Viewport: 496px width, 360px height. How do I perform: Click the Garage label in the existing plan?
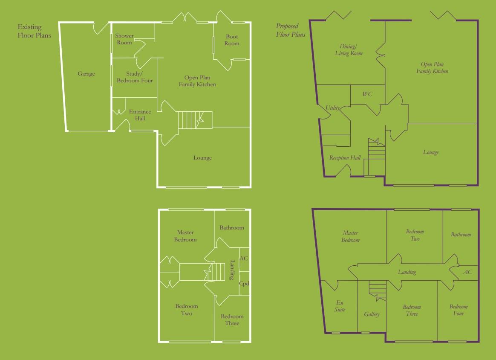(x=86, y=74)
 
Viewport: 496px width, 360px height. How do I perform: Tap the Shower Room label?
(x=124, y=39)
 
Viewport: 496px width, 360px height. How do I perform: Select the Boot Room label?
(x=232, y=40)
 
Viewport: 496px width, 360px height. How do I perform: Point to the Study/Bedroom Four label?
(x=135, y=77)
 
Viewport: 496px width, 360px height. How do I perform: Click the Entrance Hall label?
(x=140, y=115)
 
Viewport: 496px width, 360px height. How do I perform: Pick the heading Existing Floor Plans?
(x=34, y=32)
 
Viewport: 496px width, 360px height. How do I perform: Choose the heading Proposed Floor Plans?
(x=291, y=31)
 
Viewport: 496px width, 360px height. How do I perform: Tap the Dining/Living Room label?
(x=351, y=50)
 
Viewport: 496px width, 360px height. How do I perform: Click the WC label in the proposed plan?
(x=367, y=94)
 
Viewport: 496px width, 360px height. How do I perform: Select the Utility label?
(x=333, y=108)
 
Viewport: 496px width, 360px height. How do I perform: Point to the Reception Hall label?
(x=345, y=158)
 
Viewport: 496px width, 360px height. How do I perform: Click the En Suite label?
(x=340, y=306)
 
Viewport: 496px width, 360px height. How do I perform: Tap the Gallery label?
(x=372, y=314)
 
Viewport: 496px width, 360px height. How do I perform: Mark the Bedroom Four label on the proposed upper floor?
(x=459, y=310)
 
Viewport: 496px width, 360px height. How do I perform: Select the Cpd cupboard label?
(x=244, y=284)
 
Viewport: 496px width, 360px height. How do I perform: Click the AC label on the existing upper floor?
(x=244, y=258)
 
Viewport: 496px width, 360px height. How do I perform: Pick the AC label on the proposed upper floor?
(x=467, y=272)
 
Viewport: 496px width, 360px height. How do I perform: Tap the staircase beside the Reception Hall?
(x=376, y=154)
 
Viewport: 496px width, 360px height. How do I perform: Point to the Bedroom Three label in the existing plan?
(x=232, y=320)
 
